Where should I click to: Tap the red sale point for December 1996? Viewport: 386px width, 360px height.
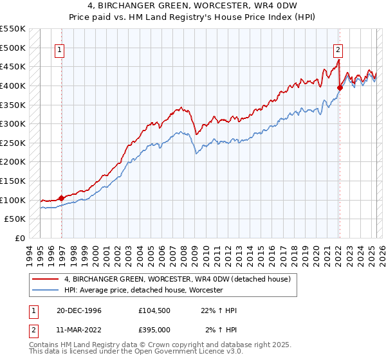(62, 198)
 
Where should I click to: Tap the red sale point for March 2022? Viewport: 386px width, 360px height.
(340, 88)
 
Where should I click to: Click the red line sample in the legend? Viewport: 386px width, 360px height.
(46, 279)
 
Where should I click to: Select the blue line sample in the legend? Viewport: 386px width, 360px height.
(46, 290)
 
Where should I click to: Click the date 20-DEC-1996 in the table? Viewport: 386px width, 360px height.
(78, 310)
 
